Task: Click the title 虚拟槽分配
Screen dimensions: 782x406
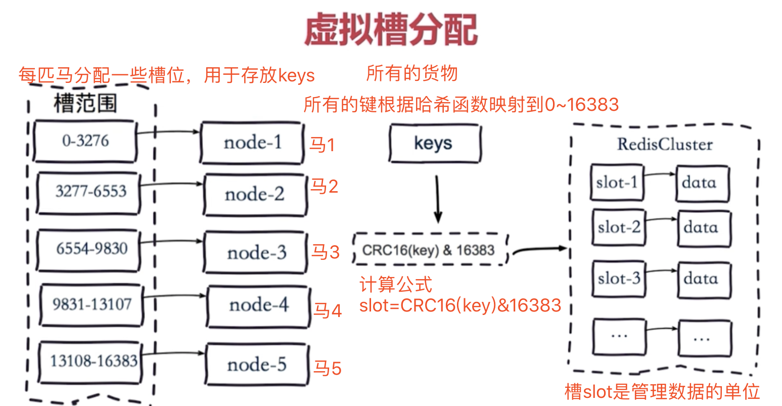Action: click(391, 29)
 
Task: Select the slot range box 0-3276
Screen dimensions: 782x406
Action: click(85, 141)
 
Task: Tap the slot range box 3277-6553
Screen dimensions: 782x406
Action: click(89, 193)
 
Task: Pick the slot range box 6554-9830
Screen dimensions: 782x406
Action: click(89, 250)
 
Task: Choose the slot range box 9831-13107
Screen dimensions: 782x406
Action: click(91, 305)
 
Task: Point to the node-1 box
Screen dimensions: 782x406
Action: click(252, 143)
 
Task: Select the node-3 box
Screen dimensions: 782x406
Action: click(256, 252)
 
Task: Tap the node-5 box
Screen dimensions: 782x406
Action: click(257, 365)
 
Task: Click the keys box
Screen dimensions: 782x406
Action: click(435, 143)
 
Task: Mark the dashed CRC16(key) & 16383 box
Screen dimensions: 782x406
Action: click(431, 249)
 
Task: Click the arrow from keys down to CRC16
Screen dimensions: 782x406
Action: click(437, 199)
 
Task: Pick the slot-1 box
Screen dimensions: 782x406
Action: click(617, 182)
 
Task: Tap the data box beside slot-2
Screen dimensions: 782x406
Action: click(704, 229)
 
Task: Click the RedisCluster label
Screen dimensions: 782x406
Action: click(665, 144)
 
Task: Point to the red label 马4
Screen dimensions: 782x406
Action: click(327, 310)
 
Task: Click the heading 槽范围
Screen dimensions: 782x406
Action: click(85, 103)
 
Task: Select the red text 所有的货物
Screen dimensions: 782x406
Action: click(411, 73)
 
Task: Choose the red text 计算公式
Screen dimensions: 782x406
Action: click(396, 284)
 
